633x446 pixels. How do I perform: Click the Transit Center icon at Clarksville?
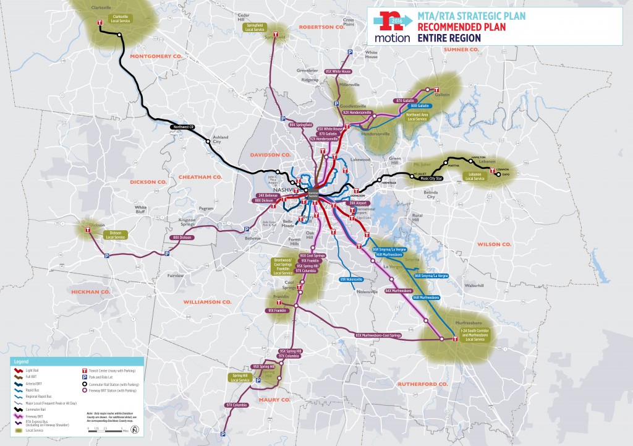[x=101, y=23]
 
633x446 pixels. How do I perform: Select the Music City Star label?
[x=433, y=179]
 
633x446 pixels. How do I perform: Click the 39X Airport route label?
[x=359, y=203]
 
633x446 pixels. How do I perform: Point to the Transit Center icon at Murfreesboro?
[x=455, y=339]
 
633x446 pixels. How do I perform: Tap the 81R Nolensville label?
[x=351, y=280]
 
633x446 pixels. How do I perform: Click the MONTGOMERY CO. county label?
[x=156, y=56]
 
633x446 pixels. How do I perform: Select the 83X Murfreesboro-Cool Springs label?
[x=378, y=335]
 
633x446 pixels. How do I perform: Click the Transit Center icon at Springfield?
[x=279, y=35]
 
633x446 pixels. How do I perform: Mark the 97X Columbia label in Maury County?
[x=236, y=405]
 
